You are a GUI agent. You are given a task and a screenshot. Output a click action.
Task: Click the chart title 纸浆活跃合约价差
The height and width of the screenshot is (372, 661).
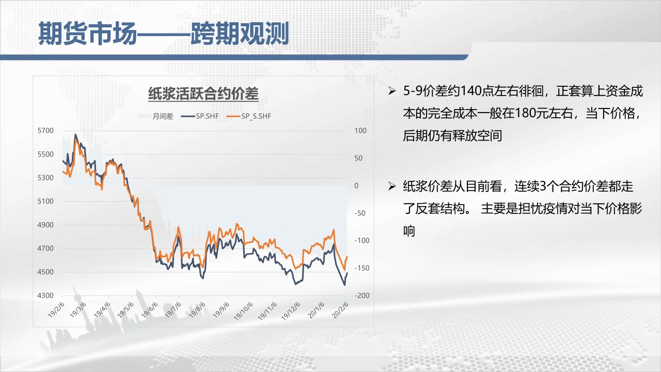coord(203,94)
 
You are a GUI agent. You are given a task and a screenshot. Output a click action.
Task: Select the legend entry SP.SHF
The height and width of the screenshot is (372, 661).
coord(200,116)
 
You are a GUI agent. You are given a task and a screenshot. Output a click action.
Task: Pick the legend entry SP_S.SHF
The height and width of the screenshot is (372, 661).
coord(249,116)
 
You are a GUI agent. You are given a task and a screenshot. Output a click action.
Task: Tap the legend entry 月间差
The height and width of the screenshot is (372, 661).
coord(155,116)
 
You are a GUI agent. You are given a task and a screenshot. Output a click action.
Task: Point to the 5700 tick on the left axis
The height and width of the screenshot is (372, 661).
coord(45,131)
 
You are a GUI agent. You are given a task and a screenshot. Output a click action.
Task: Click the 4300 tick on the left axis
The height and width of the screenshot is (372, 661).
coord(45,296)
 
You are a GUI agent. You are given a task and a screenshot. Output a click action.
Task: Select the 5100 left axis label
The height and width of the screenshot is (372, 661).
coord(45,202)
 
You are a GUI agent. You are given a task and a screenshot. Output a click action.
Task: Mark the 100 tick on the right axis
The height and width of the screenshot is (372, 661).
coord(360,131)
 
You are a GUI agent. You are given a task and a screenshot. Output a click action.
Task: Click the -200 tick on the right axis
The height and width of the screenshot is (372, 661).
coord(362,296)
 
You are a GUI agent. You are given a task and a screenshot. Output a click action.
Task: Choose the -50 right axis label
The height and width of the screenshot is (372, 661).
coord(360,213)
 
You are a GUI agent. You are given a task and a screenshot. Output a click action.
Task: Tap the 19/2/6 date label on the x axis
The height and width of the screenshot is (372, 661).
coord(56,309)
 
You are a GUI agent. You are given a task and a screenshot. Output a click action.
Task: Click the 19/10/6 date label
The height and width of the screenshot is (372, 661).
coord(243,311)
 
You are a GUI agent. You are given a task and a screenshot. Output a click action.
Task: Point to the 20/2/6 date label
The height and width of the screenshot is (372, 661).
coord(340,309)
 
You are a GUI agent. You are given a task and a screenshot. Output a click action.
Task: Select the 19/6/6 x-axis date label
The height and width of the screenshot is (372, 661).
coord(150,309)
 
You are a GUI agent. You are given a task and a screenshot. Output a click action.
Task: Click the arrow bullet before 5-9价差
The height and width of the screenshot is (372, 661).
coord(392,91)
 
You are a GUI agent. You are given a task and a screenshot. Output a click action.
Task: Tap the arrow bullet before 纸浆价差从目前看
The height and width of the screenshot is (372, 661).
coord(392,187)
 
